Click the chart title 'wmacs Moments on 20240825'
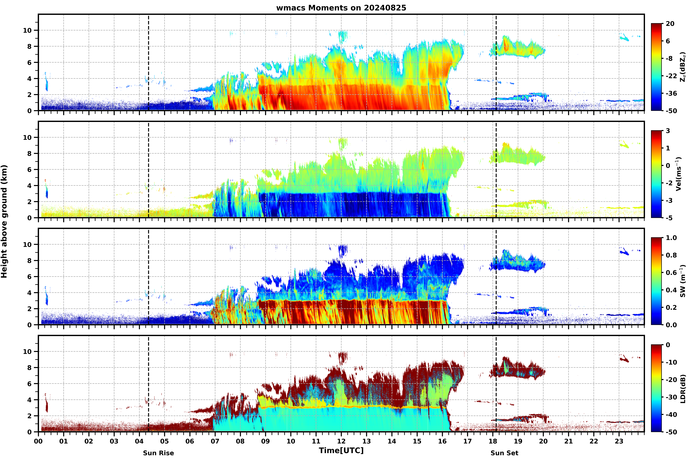click(x=341, y=8)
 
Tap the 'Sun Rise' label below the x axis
click(x=158, y=453)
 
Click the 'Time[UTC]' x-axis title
click(x=341, y=450)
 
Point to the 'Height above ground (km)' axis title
click(x=4, y=221)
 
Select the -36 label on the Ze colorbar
click(x=671, y=94)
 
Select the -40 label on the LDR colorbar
click(x=671, y=415)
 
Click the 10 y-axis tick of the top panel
click(x=27, y=30)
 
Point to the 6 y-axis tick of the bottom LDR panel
click(x=29, y=384)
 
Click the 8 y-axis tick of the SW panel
click(x=29, y=260)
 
